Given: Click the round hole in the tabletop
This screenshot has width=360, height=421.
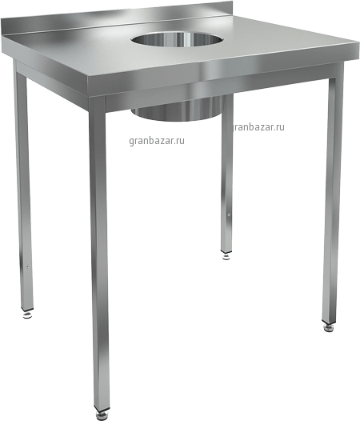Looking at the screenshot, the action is [177, 40].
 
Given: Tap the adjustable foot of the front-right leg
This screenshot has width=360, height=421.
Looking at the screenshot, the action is [329, 327].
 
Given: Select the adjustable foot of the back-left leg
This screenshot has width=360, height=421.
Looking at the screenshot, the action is [27, 315].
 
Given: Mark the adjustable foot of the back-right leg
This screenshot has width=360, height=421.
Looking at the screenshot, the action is [227, 256].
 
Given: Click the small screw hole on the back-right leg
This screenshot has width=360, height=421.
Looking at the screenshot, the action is [229, 215].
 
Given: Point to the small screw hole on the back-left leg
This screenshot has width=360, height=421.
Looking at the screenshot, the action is [28, 267].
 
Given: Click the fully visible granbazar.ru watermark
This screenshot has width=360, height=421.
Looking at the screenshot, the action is [157, 141].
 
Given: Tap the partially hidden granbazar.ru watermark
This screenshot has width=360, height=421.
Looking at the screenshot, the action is [258, 126].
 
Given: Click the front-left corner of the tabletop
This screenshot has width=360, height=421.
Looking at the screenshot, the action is [89, 82].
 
